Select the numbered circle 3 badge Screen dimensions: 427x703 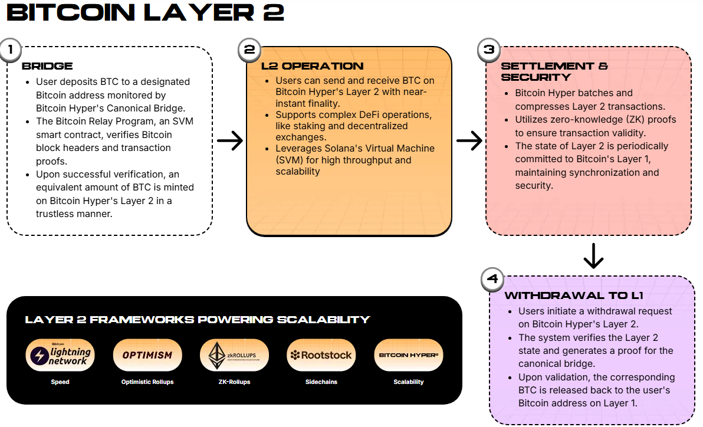tap(489, 50)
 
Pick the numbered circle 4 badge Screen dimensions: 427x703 tap(492, 279)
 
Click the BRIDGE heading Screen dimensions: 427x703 tap(47, 66)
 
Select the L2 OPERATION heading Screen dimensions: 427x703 tap(312, 66)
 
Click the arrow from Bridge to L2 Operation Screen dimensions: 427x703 tap(229, 140)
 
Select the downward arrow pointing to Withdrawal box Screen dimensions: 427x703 tap(593, 255)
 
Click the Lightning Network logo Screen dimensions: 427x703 tap(60, 355)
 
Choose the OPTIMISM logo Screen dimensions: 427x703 tap(147, 355)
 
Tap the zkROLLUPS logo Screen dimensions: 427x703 tap(235, 355)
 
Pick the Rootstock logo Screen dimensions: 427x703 tap(321, 355)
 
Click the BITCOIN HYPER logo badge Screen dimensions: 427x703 tap(409, 355)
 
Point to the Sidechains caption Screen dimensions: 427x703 tap(321, 382)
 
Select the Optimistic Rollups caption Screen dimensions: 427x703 tap(147, 382)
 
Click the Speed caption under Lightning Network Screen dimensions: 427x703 tap(60, 382)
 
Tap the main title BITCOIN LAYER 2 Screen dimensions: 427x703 tap(146, 13)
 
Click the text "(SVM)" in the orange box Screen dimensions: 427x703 tap(288, 160)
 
